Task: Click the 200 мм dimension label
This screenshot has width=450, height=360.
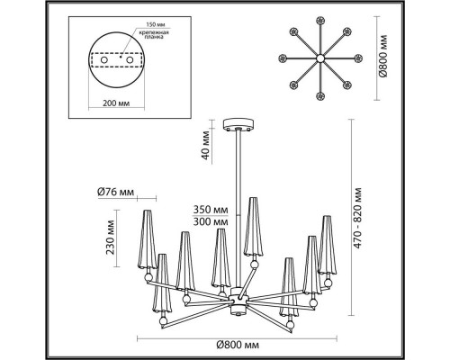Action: click(x=116, y=103)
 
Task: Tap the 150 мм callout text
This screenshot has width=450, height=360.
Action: click(x=156, y=24)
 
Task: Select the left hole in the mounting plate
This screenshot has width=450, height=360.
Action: click(x=104, y=60)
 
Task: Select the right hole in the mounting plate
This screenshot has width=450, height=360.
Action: click(x=130, y=60)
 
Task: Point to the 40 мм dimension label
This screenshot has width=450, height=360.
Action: click(x=206, y=145)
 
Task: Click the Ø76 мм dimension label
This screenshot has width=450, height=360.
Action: click(x=115, y=192)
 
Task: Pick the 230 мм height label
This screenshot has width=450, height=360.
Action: click(x=111, y=238)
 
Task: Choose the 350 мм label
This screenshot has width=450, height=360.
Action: click(x=211, y=209)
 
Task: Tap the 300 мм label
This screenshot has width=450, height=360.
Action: click(x=211, y=222)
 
